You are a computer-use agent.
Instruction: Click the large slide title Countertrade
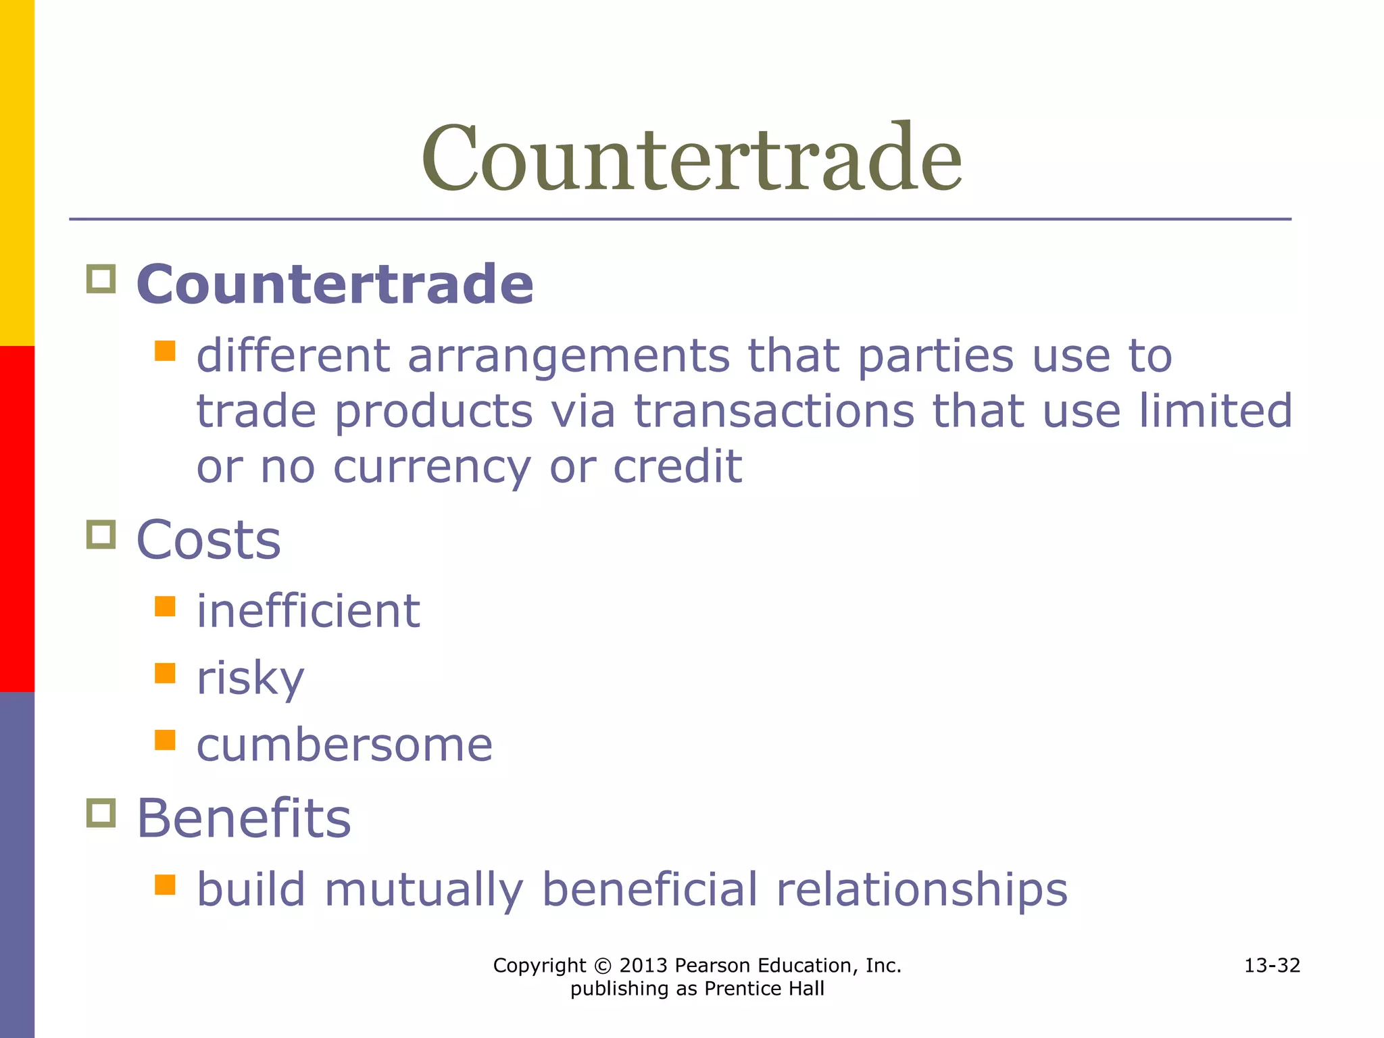click(691, 159)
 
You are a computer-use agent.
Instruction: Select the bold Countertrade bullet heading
click(335, 284)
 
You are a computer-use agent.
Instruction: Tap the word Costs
click(208, 540)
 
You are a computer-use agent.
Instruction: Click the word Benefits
click(244, 818)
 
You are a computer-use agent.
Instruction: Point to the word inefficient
click(308, 611)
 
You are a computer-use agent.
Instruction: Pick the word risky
click(250, 678)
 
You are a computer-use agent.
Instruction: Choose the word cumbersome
click(345, 745)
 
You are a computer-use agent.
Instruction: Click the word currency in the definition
click(432, 468)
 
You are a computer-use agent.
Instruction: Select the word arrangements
click(568, 356)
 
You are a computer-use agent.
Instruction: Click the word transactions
click(774, 412)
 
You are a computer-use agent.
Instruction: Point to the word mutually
click(424, 890)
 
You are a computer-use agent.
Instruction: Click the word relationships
click(922, 890)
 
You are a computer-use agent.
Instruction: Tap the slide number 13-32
click(1272, 966)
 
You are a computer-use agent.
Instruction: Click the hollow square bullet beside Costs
click(101, 535)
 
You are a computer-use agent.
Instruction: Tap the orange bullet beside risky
click(165, 673)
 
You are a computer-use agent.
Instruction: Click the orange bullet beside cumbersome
click(165, 740)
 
